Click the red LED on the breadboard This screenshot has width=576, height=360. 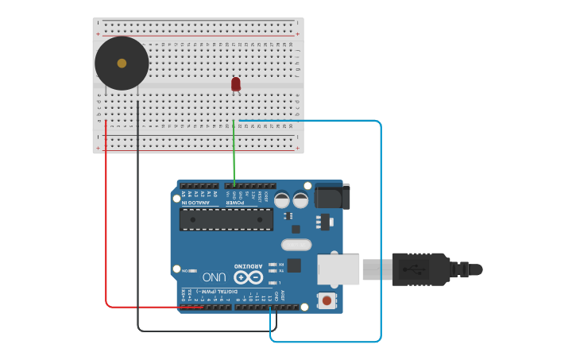(x=236, y=83)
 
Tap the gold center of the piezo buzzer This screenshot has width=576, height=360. (x=122, y=63)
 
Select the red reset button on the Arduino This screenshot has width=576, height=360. (x=326, y=300)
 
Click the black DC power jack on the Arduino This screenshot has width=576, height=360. (x=331, y=195)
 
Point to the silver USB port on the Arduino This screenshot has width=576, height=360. (x=338, y=269)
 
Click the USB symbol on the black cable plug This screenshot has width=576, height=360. (x=416, y=269)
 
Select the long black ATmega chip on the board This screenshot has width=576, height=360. (x=226, y=219)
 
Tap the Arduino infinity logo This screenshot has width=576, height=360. (x=248, y=277)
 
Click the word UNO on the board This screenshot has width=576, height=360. (x=214, y=277)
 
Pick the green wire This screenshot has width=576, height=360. (x=234, y=155)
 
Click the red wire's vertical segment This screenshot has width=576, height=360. (x=106, y=215)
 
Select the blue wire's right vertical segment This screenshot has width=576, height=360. (x=381, y=230)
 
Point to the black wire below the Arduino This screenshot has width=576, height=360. (x=207, y=331)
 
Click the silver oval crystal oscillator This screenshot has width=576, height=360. (x=296, y=246)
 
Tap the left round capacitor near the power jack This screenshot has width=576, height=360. (x=282, y=200)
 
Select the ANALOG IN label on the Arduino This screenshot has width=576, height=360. (x=197, y=202)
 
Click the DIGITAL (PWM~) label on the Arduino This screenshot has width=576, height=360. (x=215, y=293)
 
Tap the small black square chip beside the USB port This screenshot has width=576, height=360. (x=294, y=265)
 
